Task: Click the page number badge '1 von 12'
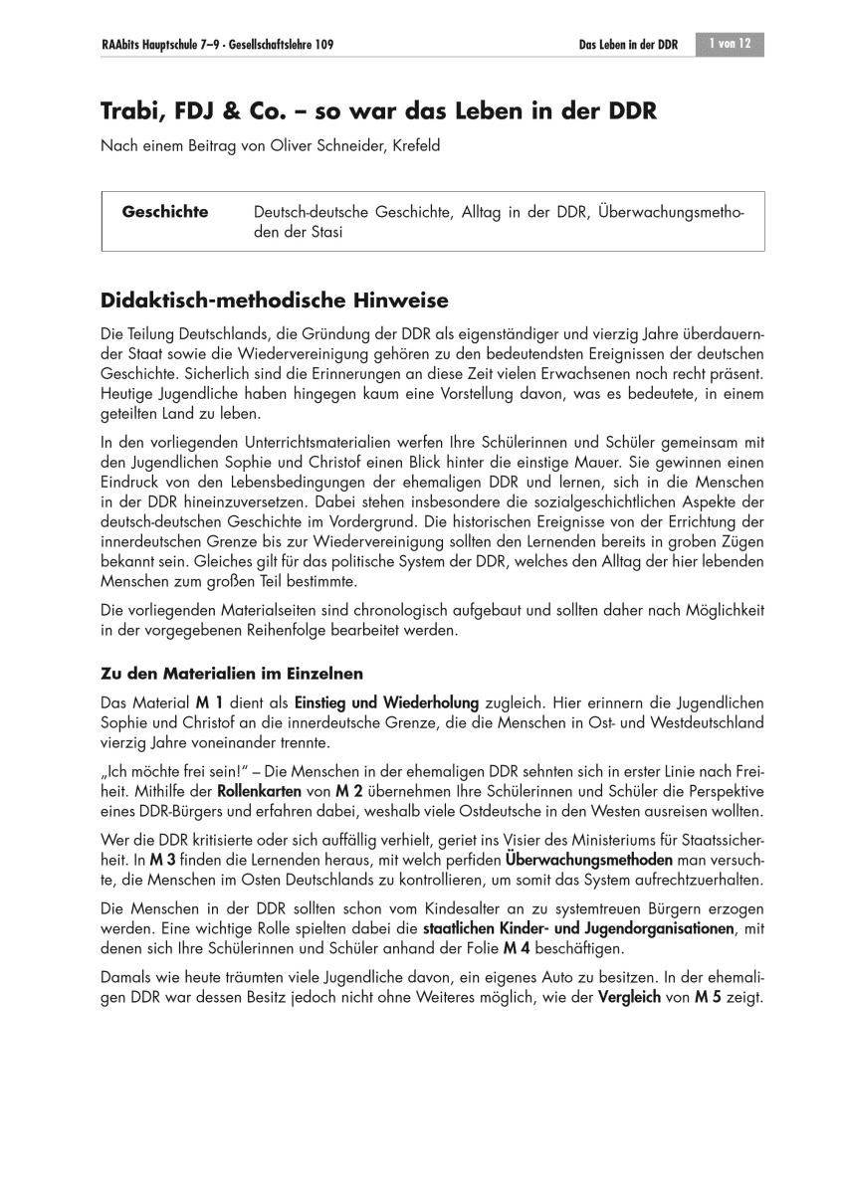tap(731, 44)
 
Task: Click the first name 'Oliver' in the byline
tap(275, 145)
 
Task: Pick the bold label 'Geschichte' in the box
tap(164, 212)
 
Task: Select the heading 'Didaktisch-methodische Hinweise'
tap(275, 299)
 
